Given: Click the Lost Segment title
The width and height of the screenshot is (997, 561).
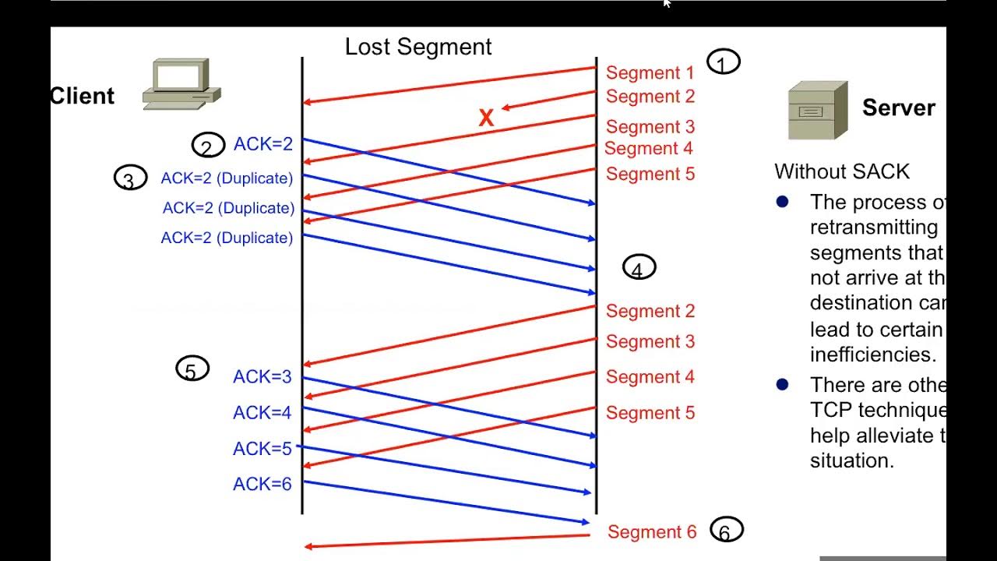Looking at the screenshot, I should click(x=418, y=47).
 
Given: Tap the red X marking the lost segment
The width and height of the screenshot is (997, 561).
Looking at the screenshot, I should click(x=486, y=118).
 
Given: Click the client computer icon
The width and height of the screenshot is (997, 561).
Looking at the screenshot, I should click(x=181, y=83).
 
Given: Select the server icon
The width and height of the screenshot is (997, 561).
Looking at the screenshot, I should click(x=817, y=111).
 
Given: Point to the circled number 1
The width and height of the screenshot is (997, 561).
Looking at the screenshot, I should click(x=723, y=62).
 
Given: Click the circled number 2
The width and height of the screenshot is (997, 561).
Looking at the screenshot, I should click(x=207, y=146).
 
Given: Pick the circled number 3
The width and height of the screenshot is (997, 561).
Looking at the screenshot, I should click(x=130, y=179).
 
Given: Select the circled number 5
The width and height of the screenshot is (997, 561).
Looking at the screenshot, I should click(x=192, y=370).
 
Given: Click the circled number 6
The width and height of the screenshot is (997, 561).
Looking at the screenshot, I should click(x=726, y=531).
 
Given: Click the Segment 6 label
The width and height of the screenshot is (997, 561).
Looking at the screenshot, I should click(x=652, y=532).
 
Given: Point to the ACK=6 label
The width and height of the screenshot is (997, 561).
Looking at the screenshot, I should click(x=262, y=485).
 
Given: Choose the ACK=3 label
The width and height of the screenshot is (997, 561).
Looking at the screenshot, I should click(x=262, y=377).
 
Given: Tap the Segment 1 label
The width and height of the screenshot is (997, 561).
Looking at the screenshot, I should click(x=650, y=73).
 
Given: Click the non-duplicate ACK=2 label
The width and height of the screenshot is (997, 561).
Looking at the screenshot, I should click(x=263, y=144).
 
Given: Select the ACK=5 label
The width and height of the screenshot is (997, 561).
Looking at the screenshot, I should click(x=262, y=449).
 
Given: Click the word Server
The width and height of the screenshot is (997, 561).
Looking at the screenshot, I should click(x=898, y=108).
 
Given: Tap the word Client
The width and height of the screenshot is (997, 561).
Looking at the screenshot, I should click(x=82, y=96).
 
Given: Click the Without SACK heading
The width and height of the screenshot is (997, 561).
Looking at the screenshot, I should click(x=842, y=171).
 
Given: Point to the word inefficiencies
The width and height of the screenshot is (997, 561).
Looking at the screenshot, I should click(x=872, y=355).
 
